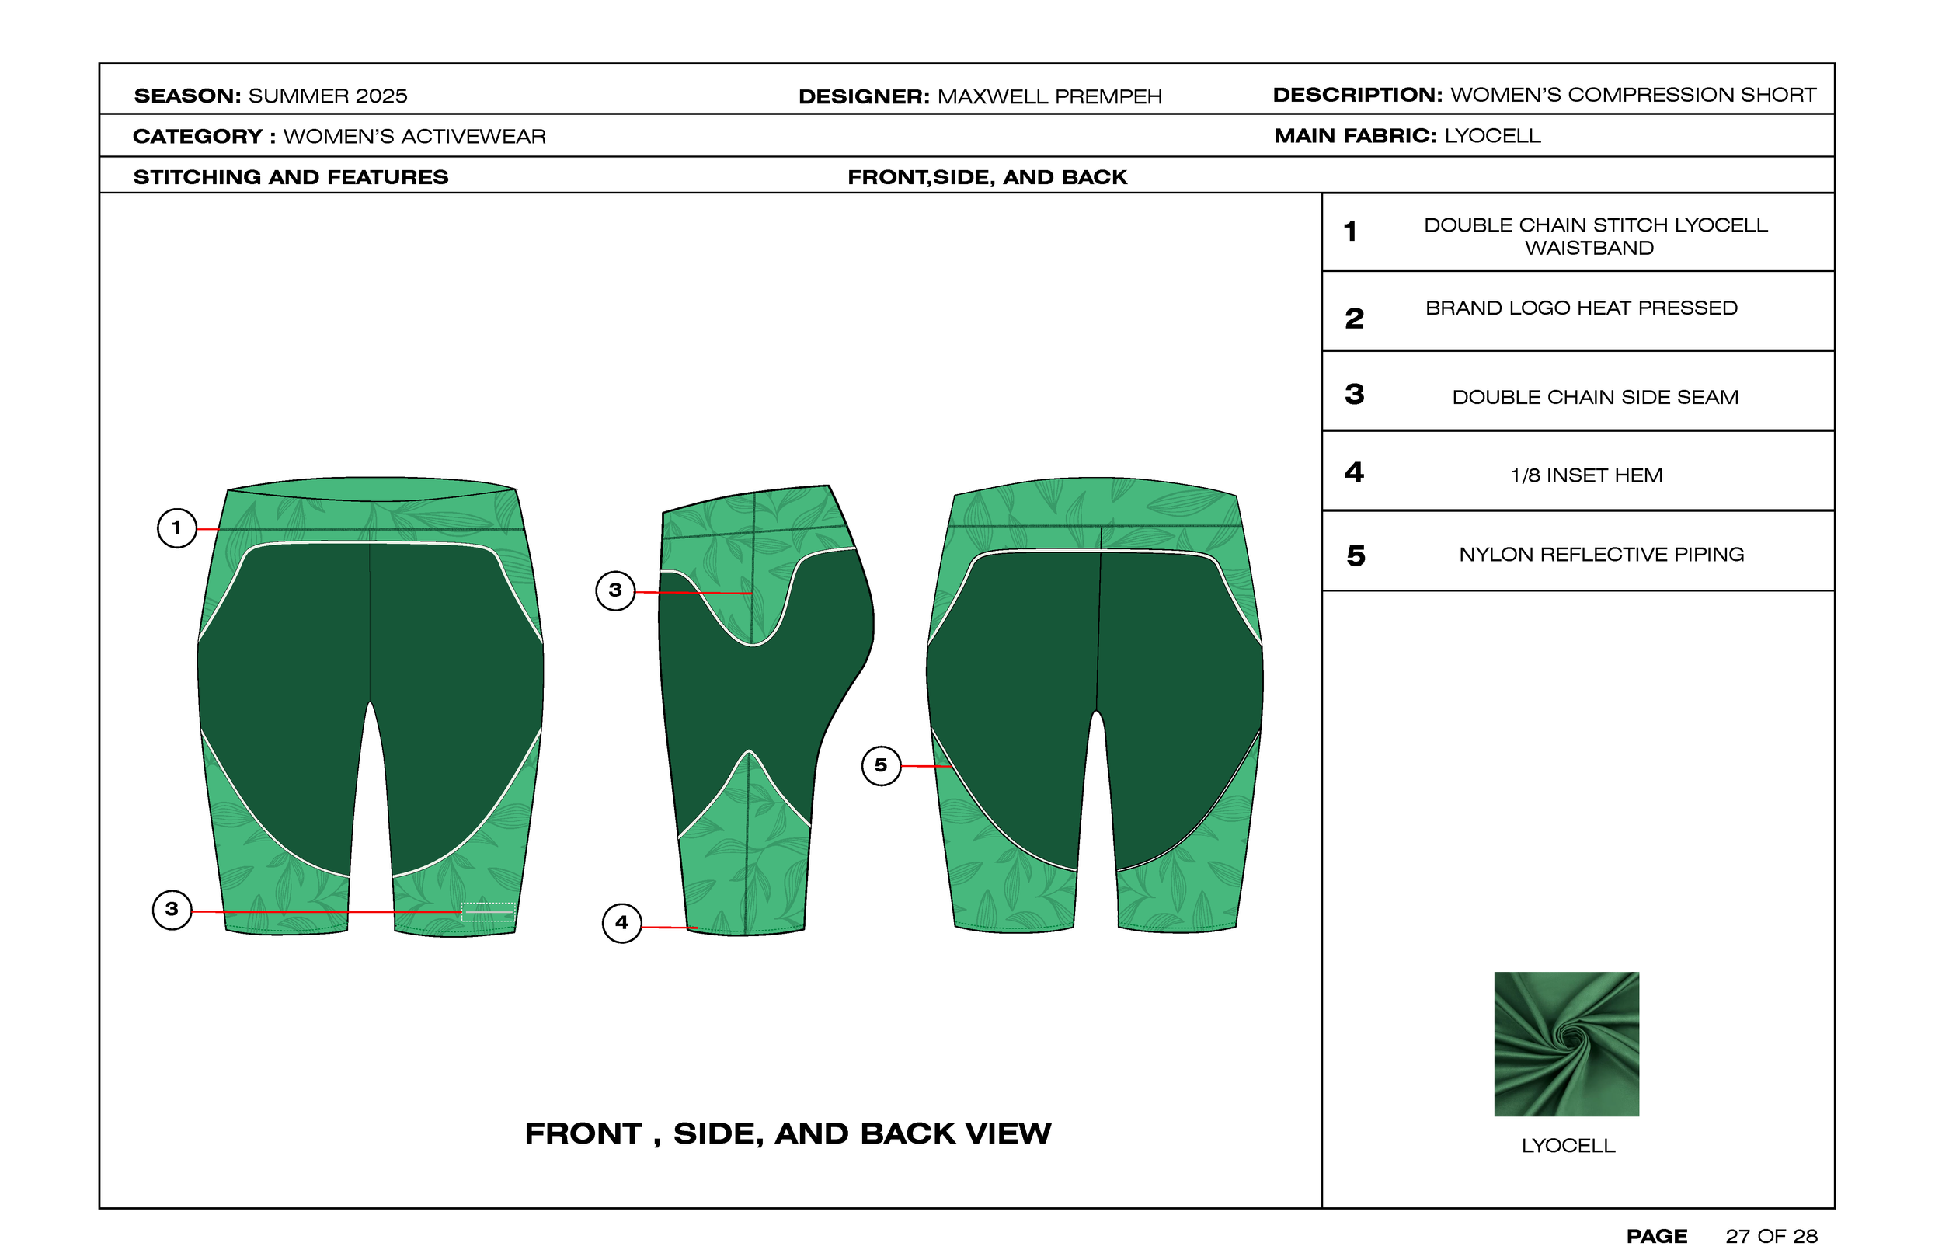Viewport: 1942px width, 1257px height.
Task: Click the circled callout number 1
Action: coord(176,528)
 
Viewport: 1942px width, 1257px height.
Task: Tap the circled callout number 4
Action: coord(621,923)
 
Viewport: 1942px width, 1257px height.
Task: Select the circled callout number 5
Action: coord(881,766)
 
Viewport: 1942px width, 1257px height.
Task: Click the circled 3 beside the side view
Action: coord(615,590)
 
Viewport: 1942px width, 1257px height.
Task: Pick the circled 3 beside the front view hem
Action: coord(172,909)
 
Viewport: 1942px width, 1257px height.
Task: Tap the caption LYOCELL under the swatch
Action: coord(1568,1145)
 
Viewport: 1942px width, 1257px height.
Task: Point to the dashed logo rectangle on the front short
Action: coord(487,912)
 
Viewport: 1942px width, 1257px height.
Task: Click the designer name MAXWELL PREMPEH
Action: coord(1049,96)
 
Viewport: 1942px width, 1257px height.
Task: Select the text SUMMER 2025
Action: coord(327,96)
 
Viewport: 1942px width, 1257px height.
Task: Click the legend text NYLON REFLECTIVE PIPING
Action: coord(1601,555)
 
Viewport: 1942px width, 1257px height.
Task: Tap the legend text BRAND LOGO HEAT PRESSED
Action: coord(1581,308)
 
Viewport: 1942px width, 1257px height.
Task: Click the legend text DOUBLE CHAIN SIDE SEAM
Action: coord(1595,398)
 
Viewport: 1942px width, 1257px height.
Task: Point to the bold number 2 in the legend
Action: coord(1355,319)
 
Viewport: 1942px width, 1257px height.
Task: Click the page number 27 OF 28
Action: coord(1770,1236)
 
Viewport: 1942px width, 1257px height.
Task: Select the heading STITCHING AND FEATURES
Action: coord(291,177)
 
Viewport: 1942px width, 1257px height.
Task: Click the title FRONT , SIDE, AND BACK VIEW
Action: coord(788,1133)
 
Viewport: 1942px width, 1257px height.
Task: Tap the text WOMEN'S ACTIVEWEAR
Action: coord(415,136)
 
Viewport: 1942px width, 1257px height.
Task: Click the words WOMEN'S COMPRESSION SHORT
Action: coord(1633,95)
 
